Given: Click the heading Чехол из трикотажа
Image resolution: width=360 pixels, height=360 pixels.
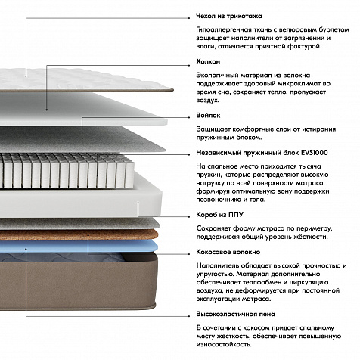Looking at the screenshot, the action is [229, 16].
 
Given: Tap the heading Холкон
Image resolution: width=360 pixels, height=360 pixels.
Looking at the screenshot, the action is [208, 61].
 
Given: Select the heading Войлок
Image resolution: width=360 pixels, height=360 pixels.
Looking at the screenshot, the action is [208, 116].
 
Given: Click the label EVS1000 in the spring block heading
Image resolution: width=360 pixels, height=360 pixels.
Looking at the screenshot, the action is [315, 153].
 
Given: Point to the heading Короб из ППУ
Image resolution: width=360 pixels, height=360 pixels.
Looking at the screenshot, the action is [219, 215].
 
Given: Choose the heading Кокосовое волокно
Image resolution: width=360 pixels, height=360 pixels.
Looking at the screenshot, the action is [228, 252].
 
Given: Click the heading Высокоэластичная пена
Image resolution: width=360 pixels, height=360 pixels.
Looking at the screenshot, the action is [235, 314].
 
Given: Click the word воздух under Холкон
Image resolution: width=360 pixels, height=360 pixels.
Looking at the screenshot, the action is [207, 101].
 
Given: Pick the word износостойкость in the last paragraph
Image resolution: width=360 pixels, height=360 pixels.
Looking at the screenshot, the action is [224, 344].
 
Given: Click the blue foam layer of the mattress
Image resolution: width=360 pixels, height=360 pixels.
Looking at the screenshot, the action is [78, 246].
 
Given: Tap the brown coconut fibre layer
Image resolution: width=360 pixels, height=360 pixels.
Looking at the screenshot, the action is [78, 234].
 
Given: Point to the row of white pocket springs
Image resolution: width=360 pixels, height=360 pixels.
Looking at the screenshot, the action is [67, 171].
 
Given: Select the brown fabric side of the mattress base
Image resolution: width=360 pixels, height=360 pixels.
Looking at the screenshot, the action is [78, 286].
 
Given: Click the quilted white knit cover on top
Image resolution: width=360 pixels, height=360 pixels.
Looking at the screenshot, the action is [83, 79].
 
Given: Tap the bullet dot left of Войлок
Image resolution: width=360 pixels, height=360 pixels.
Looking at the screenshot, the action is [189, 117].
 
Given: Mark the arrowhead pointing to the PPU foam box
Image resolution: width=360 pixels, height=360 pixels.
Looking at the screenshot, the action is [138, 203].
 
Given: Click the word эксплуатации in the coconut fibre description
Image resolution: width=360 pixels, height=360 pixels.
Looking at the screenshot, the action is [219, 299].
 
